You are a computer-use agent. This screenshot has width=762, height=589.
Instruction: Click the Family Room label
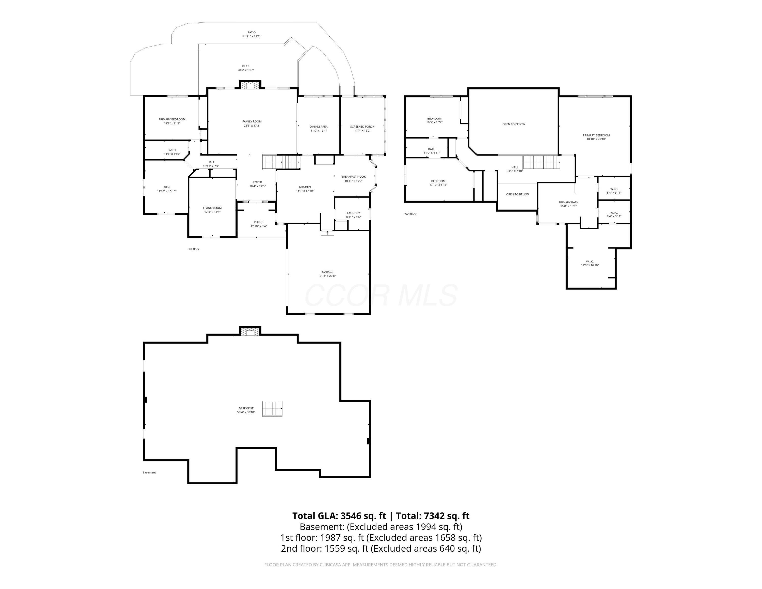[252, 121]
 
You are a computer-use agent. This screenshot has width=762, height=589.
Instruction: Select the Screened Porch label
[362, 127]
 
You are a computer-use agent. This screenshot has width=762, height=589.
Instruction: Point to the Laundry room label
[353, 213]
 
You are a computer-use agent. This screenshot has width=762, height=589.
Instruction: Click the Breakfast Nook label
[353, 177]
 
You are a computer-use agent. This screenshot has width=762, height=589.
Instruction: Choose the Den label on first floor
[167, 187]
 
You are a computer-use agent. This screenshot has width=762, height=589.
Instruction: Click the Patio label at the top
[251, 33]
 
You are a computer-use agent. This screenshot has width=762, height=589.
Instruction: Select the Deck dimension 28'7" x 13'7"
[246, 70]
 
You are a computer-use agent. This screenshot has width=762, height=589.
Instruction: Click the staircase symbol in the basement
[272, 409]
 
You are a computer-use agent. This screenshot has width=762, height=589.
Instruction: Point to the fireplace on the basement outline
[250, 332]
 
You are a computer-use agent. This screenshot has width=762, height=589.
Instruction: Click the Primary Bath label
[568, 202]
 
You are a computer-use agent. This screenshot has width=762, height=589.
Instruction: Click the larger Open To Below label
[514, 124]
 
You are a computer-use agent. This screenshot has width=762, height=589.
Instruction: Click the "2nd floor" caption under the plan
[410, 214]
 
